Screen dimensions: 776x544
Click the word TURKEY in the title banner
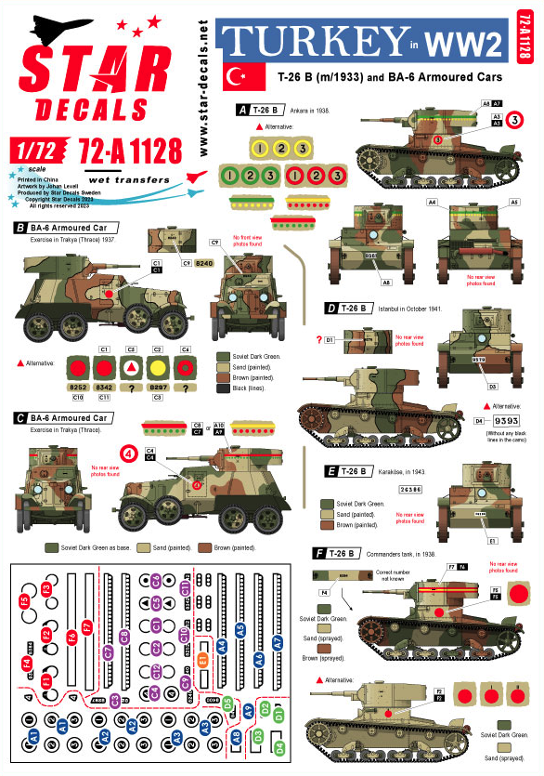(312, 42)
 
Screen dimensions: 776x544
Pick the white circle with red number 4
(129, 454)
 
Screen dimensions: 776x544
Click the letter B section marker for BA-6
(19, 227)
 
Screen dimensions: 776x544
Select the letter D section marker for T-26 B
(330, 308)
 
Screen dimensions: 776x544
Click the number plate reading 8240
(205, 263)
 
